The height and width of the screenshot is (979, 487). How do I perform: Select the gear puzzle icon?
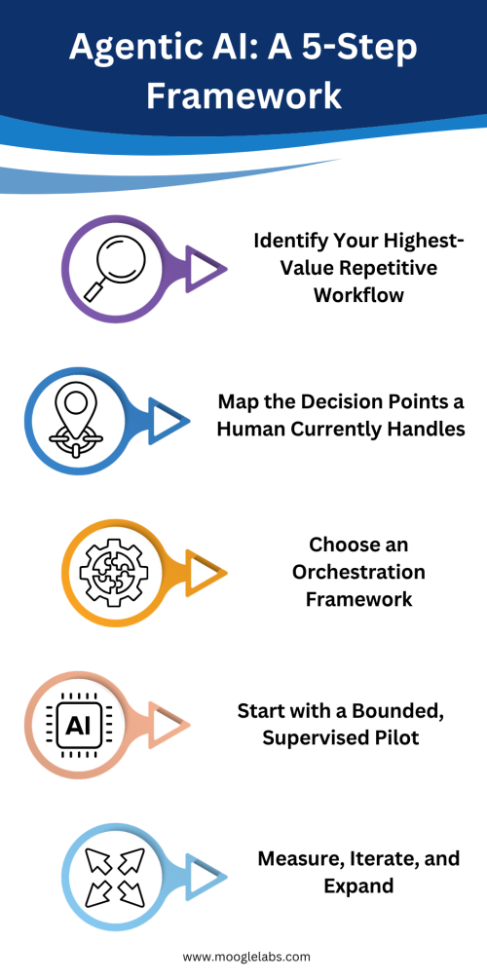pos(113,571)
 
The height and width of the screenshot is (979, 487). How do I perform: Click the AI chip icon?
pos(76,724)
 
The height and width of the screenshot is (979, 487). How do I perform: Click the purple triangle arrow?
pos(206,269)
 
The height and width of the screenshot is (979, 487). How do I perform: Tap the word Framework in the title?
pos(243,95)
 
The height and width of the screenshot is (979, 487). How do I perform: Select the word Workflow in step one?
pos(358,295)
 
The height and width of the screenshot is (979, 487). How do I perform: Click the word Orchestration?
pos(358,572)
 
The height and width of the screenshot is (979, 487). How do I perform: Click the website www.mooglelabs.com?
pos(246,957)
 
